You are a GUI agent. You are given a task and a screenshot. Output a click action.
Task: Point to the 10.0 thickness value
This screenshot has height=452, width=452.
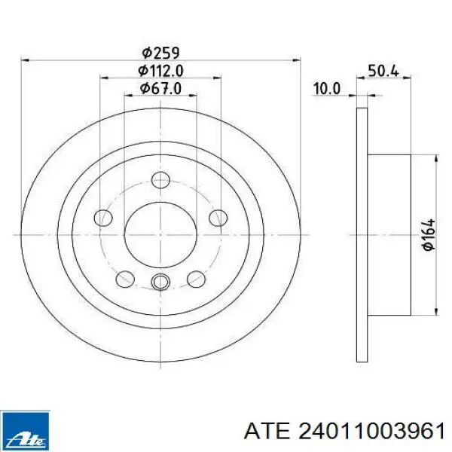[327, 89]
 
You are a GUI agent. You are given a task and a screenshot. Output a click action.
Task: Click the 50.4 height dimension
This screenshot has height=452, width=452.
[383, 72]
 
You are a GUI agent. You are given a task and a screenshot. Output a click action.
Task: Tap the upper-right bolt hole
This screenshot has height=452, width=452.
[217, 218]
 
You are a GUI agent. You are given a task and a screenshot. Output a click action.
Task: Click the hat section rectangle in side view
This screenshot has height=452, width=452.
[389, 235]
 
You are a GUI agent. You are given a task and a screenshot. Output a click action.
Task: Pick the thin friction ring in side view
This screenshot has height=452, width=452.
[361, 235]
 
